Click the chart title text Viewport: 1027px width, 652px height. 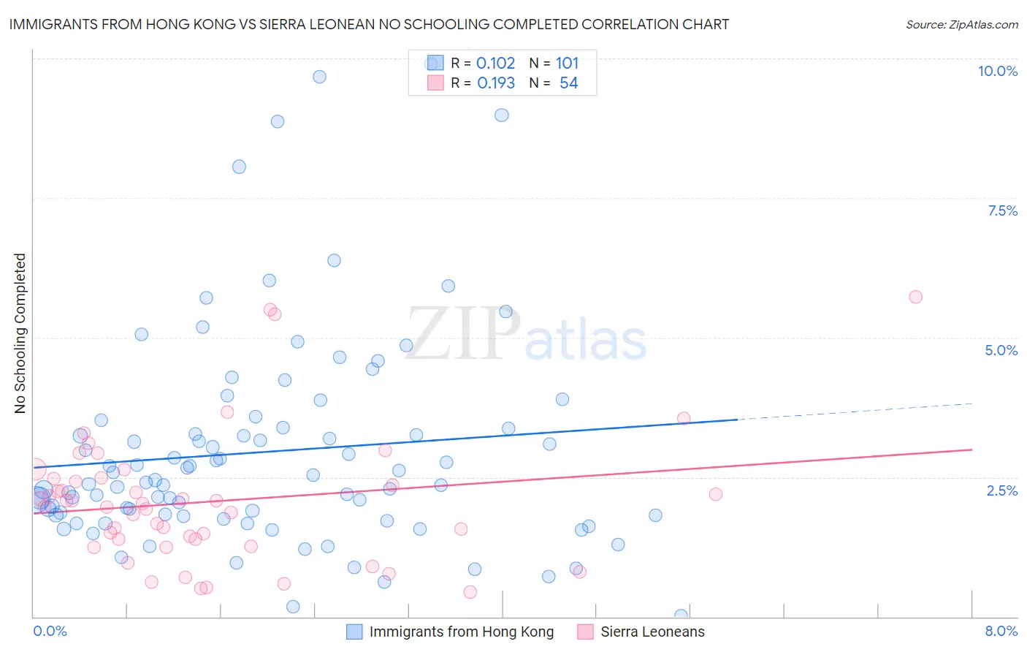[x=369, y=24]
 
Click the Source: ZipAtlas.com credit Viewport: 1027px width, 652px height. [x=961, y=24]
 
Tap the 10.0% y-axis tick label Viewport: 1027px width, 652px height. [x=997, y=71]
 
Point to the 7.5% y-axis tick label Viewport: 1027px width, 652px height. [x=1002, y=211]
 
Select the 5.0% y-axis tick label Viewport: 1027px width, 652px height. [x=1001, y=350]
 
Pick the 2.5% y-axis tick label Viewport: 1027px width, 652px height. [x=1001, y=490]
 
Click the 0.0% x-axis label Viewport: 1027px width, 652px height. [x=50, y=631]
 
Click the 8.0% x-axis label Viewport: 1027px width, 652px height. [x=1001, y=631]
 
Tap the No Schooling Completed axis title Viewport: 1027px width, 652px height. [x=20, y=333]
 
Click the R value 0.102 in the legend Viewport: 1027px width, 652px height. [x=495, y=64]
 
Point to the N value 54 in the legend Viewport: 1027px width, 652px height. [x=568, y=83]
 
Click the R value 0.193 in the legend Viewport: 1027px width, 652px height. [x=496, y=83]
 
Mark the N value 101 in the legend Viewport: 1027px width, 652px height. [x=567, y=64]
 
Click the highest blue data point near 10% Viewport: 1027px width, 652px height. [x=319, y=77]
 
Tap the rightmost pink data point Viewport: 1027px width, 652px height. [x=915, y=297]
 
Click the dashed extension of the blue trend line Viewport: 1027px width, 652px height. [x=855, y=412]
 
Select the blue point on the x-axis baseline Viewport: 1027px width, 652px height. [x=681, y=615]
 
